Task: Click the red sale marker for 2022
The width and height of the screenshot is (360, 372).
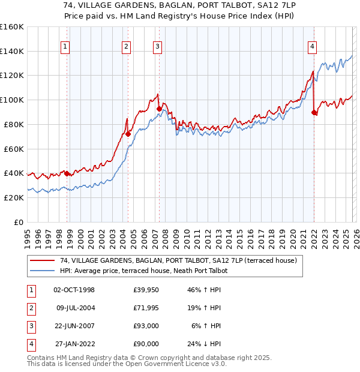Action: tap(314, 112)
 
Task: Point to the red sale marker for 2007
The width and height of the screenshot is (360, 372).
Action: tap(159, 109)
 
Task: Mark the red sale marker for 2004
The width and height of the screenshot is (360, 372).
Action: tap(128, 134)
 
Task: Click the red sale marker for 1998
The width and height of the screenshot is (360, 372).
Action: tap(67, 173)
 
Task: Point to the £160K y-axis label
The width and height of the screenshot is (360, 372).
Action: tap(12, 27)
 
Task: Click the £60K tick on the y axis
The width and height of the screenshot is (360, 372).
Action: tap(14, 149)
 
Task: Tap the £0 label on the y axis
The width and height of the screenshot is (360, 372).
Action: tap(18, 222)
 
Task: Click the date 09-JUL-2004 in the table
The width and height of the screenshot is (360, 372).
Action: tap(76, 308)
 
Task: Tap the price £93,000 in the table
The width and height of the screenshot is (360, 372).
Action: tap(146, 326)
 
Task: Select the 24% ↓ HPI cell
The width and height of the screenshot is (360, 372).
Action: tap(205, 344)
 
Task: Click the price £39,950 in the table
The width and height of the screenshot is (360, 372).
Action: tap(146, 290)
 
